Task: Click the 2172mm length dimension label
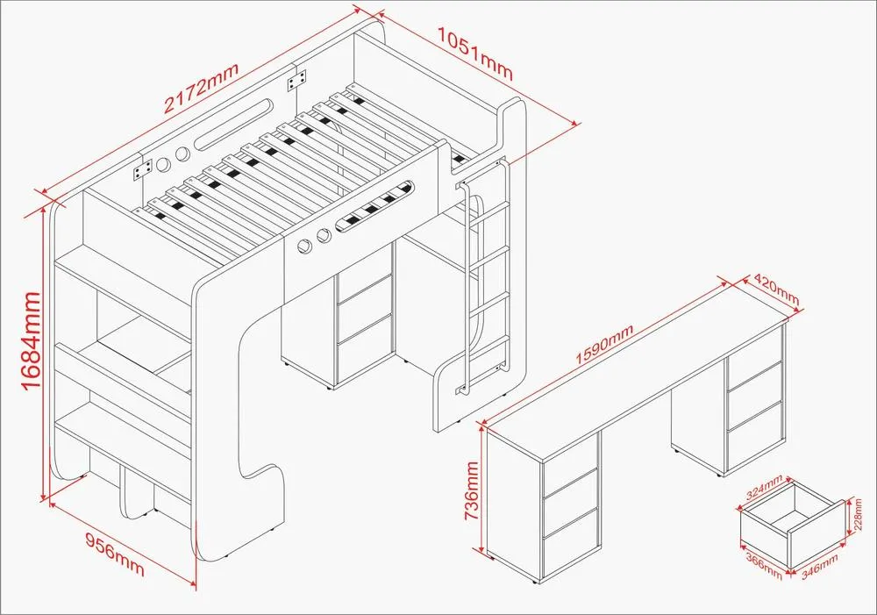[x=202, y=88]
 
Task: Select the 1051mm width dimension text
[x=474, y=54]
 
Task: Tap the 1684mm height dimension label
[x=32, y=340]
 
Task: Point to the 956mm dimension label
[x=115, y=554]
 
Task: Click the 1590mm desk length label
[x=604, y=344]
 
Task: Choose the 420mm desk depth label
[x=777, y=289]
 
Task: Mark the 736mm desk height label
[x=473, y=490]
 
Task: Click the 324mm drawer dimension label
[x=764, y=487]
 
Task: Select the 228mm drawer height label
[x=858, y=514]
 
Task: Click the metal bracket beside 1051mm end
[x=297, y=81]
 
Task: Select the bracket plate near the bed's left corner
[x=143, y=169]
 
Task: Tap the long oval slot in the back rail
[x=234, y=125]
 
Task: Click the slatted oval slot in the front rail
[x=375, y=205]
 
